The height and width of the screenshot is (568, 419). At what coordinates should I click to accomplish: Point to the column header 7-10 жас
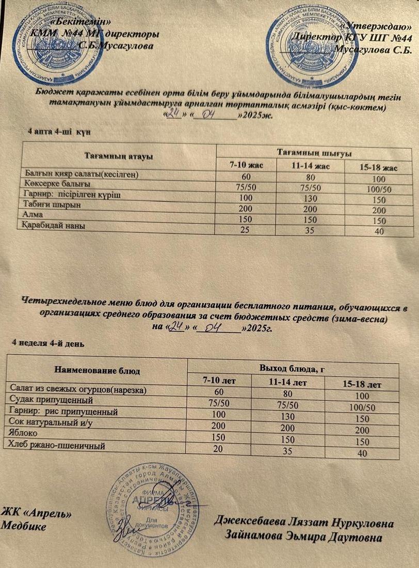pos(246,165)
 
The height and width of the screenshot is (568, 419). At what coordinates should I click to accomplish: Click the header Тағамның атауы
pos(118,155)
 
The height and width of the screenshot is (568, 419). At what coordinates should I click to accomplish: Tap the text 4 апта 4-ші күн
pos(59,132)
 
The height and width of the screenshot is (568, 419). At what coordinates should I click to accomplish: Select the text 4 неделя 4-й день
pos(48,343)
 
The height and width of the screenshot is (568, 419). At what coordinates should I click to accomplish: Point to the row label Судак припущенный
pos(52,400)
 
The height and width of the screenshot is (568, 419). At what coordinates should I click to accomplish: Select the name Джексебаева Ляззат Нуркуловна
pos(304,523)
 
